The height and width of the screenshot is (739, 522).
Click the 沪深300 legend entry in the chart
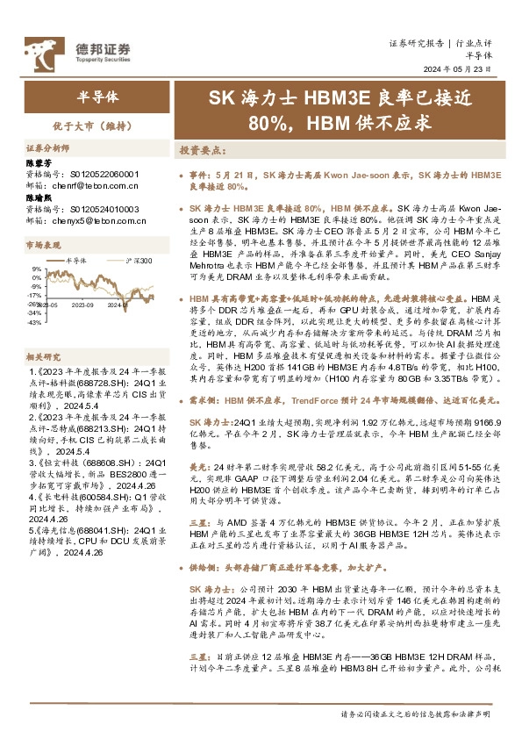136,262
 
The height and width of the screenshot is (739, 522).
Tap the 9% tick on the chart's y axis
37,269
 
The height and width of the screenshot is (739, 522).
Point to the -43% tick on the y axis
35,322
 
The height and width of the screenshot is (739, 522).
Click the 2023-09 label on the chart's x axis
83,306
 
